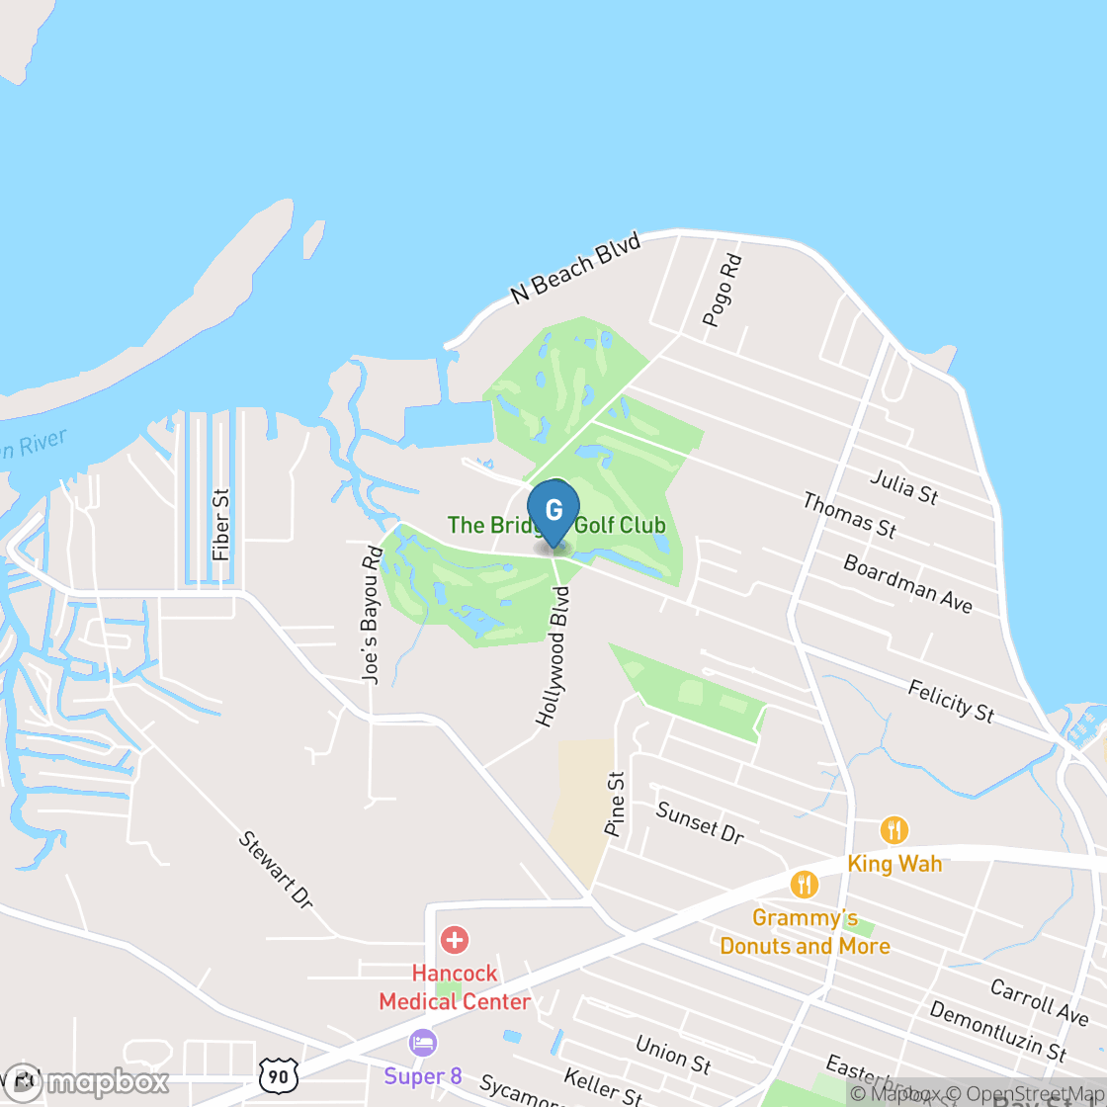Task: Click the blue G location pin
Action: pos(553,510)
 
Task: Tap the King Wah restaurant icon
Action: pos(894,829)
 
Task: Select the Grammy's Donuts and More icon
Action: pos(805,884)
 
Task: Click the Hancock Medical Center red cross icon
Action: pos(455,939)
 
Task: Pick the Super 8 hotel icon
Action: pos(423,1042)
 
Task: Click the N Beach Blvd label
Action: pos(576,268)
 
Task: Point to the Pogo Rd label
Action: pos(723,291)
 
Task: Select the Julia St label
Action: pos(903,486)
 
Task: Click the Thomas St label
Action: pos(849,516)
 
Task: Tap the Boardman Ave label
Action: pos(907,583)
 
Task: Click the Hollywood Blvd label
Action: pos(553,656)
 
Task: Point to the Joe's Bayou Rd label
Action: pos(371,615)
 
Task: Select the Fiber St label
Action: pos(220,525)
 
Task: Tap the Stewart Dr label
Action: pos(276,870)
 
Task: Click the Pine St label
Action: pos(615,804)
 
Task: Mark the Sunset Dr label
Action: pos(700,822)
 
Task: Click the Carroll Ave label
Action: pos(1040,1001)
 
